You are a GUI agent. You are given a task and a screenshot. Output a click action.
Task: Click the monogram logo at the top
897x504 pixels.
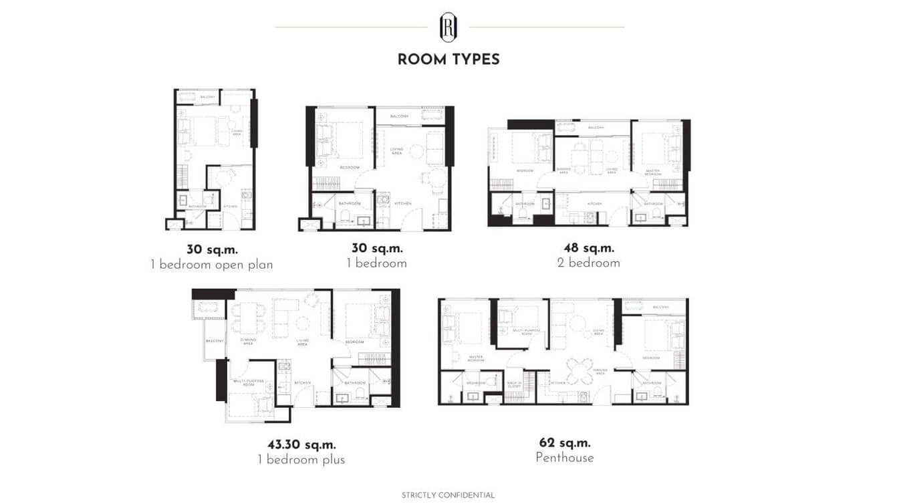tap(448, 27)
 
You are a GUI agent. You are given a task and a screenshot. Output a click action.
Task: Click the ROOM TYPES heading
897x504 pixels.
tap(448, 59)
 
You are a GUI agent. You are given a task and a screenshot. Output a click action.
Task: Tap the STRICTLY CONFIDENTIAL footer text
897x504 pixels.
tap(448, 495)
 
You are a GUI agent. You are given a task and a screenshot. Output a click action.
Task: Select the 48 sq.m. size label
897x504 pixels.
tap(589, 249)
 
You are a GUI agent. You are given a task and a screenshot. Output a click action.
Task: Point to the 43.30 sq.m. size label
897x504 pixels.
tap(301, 445)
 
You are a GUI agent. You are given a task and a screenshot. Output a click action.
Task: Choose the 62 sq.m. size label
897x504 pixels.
tap(565, 443)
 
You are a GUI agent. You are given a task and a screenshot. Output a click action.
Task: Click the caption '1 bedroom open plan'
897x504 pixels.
tap(212, 265)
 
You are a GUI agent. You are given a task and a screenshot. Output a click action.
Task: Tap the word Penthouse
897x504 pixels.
tap(565, 458)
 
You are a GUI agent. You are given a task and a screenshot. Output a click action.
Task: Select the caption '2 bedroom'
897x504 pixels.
tap(589, 263)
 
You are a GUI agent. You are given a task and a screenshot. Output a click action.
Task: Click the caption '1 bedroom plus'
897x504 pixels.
tap(301, 460)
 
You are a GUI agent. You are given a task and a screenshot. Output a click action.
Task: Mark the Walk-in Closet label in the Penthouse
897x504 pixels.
tap(514, 384)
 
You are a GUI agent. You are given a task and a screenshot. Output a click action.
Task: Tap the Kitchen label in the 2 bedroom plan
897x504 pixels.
tap(594, 204)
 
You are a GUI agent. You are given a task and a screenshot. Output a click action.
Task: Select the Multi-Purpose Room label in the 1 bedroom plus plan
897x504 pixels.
tap(244, 383)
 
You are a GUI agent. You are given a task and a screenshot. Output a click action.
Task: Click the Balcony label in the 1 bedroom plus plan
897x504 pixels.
tap(214, 341)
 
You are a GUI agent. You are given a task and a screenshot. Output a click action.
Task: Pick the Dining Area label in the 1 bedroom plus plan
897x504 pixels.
tap(248, 342)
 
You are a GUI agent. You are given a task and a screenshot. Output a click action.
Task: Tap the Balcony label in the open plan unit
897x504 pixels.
tap(207, 98)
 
